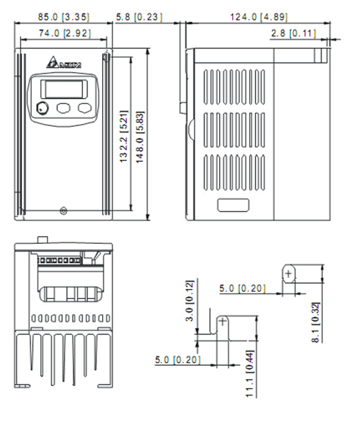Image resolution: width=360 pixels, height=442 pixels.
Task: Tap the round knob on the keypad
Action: (42, 109)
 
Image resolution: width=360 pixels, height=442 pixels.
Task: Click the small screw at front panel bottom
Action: (64, 210)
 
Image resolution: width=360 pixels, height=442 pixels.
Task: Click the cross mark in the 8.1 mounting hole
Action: (289, 274)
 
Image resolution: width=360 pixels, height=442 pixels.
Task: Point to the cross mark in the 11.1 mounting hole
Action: (223, 322)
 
